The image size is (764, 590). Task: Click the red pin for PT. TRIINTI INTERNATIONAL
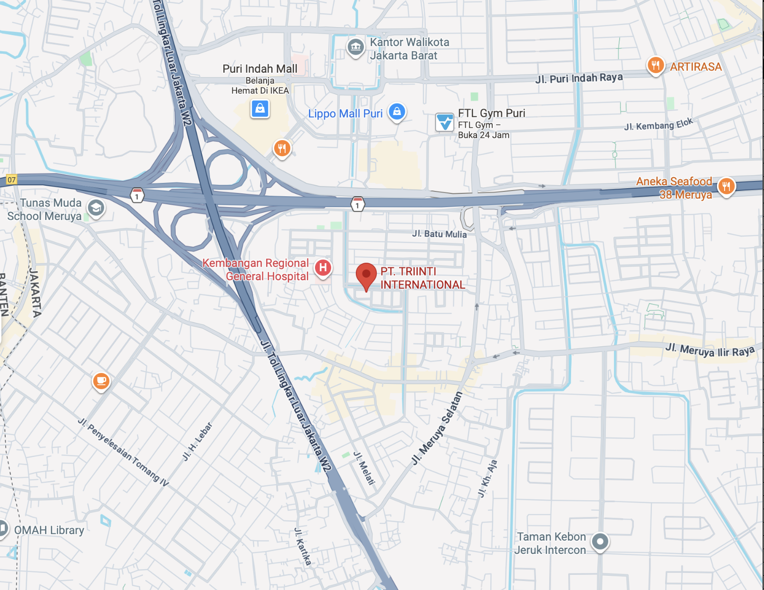pos(366,275)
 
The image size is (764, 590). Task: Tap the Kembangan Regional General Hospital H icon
pos(323,267)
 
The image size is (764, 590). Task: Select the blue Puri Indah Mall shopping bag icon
pos(260,109)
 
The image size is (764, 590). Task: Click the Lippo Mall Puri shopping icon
pos(397,112)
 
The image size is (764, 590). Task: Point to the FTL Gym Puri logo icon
pos(445,122)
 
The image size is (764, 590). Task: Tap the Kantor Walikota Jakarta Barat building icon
pos(355,47)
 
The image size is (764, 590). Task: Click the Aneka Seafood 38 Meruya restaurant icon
pos(726,186)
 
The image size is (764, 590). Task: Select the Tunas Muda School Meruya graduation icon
pos(96,208)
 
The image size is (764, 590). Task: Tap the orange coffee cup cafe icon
pos(101,381)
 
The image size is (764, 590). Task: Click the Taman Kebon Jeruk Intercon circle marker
pos(600,541)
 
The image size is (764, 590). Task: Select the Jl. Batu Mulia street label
pos(439,234)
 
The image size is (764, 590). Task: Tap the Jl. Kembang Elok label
pos(658,124)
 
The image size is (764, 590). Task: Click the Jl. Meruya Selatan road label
pos(437,428)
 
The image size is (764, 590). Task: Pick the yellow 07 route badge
pos(11,180)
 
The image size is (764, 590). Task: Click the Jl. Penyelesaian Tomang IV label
pos(123,452)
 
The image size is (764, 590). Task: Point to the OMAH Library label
pos(49,530)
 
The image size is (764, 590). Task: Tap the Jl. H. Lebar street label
pos(197,441)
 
